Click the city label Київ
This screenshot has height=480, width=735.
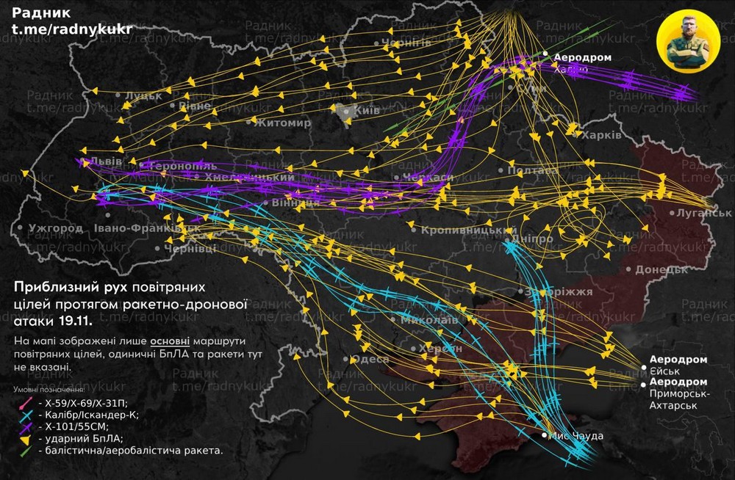pyautogui.click(x=366, y=110)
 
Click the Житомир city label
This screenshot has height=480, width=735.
pyautogui.click(x=282, y=123)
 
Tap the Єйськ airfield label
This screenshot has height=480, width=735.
pyautogui.click(x=666, y=371)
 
